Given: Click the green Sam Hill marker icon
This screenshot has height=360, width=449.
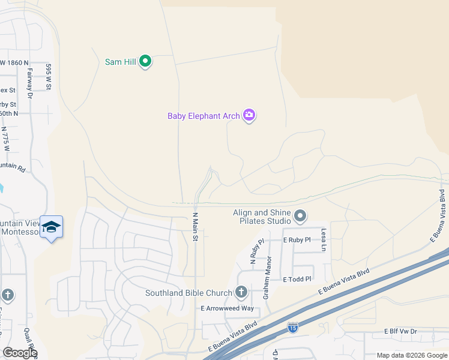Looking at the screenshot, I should [145, 61].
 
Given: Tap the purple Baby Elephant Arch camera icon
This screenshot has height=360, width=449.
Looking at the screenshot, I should [249, 115].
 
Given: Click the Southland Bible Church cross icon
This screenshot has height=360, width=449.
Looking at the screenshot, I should [241, 292].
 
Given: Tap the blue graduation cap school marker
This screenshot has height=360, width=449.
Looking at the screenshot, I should [52, 227].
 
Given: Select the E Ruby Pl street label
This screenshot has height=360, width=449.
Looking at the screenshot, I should [297, 240].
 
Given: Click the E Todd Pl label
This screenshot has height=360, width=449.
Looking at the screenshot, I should [298, 279].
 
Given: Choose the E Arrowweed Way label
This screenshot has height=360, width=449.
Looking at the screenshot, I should [228, 308].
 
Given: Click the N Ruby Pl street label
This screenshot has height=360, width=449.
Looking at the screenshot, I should [256, 252].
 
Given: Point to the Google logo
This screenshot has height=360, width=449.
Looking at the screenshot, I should [20, 352].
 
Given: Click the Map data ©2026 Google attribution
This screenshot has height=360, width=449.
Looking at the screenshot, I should [412, 355].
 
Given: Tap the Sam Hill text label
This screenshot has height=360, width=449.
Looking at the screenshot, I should [120, 61].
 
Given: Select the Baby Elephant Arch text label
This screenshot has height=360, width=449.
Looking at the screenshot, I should [203, 116].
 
